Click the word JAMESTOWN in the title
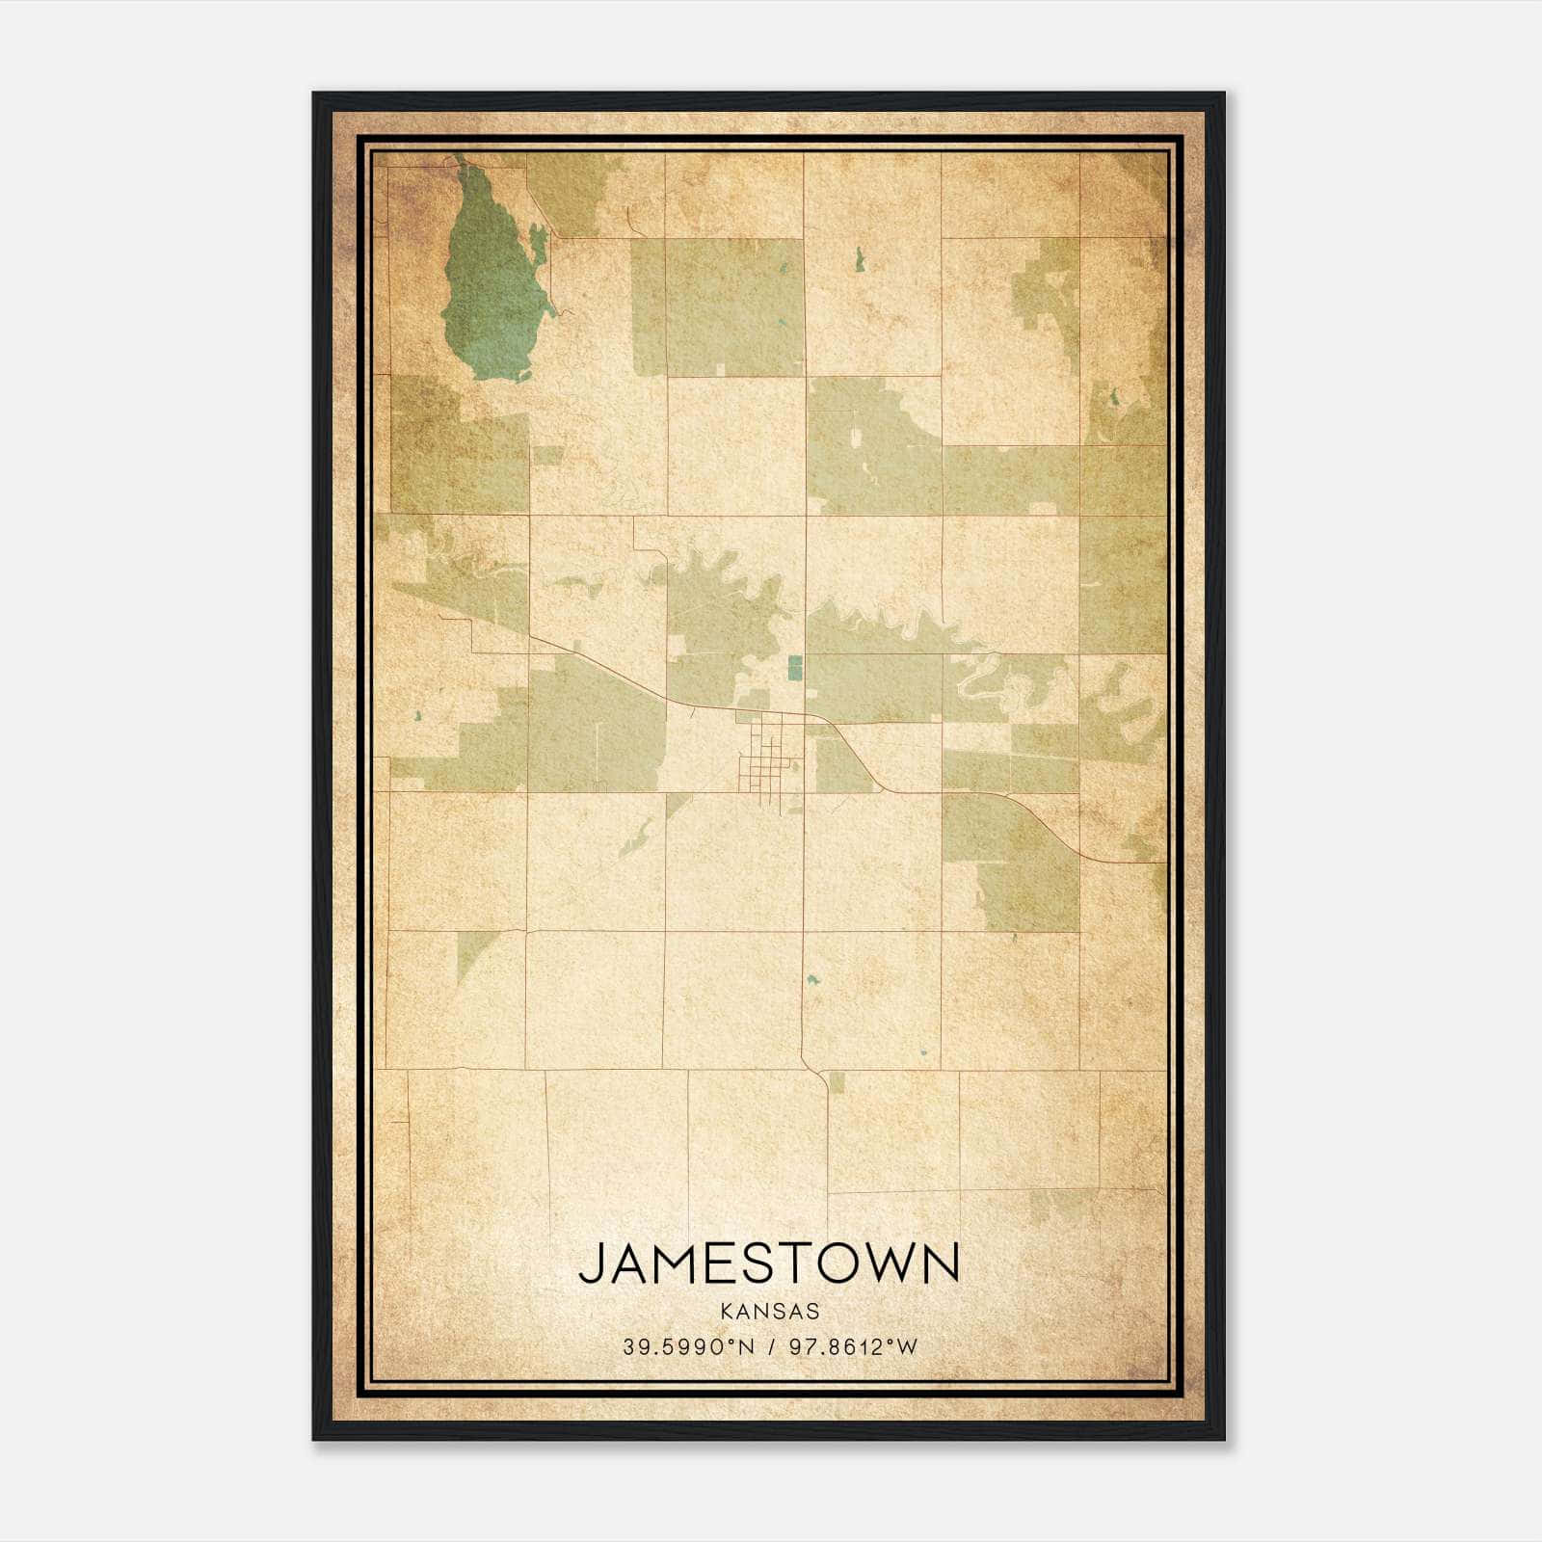[769, 1263]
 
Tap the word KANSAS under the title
[769, 1312]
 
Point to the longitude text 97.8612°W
[854, 1347]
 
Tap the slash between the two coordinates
[771, 1347]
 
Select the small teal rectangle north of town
[795, 667]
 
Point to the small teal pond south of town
[811, 980]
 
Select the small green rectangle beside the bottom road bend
[837, 1082]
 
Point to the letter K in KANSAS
[725, 1312]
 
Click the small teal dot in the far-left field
[417, 715]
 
